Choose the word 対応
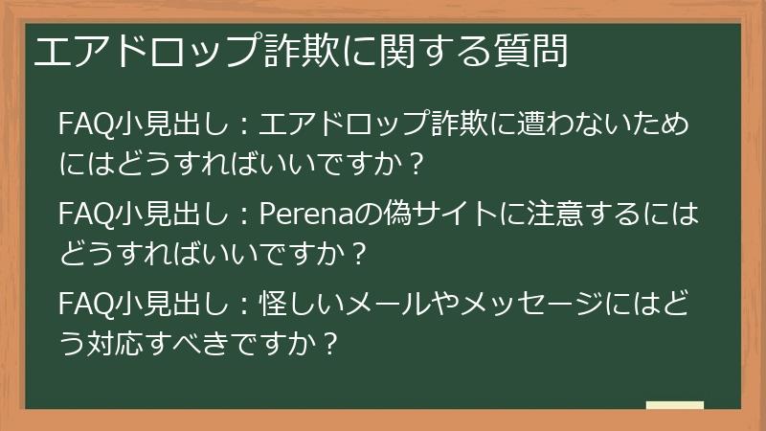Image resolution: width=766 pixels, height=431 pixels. [x=120, y=343]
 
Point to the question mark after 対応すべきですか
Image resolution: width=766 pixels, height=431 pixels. [x=330, y=343]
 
